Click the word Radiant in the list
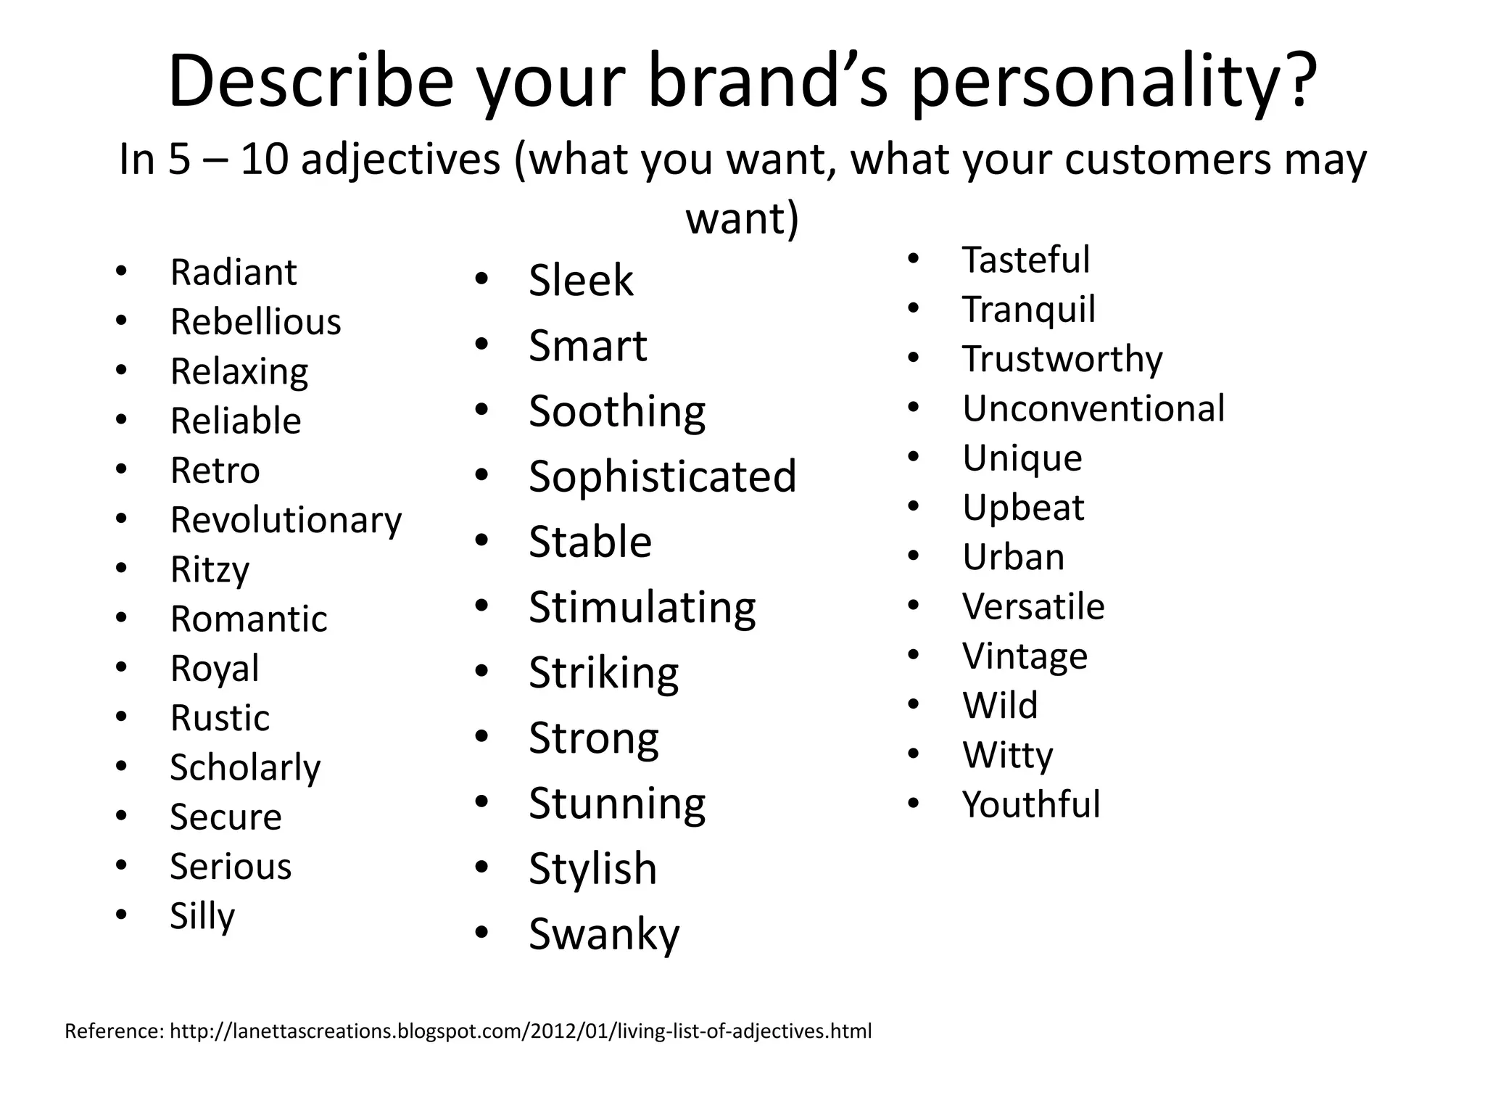(x=233, y=273)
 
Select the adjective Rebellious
(x=255, y=322)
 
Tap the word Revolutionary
(x=286, y=520)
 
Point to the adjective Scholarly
(x=245, y=767)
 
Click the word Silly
(x=202, y=916)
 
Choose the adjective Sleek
(x=581, y=281)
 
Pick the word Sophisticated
(x=662, y=476)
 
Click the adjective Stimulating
(x=642, y=607)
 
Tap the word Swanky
(x=604, y=934)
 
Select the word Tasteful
(x=1025, y=260)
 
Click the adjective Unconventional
(x=1093, y=408)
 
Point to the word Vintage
(x=1025, y=656)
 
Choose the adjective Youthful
(x=1030, y=804)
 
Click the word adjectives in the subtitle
(x=400, y=160)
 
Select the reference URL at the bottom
(x=520, y=1031)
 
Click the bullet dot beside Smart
(x=482, y=344)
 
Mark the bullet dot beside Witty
(x=913, y=754)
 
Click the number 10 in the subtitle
(x=265, y=160)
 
